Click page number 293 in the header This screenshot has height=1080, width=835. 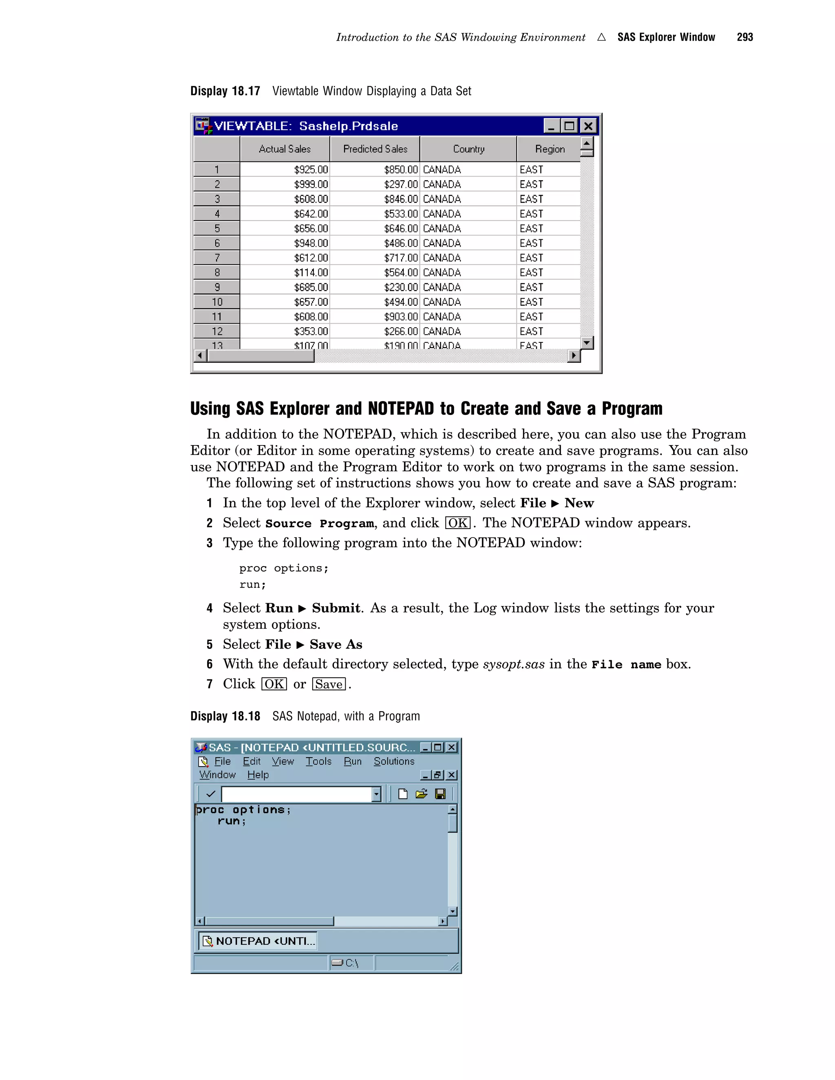click(x=744, y=37)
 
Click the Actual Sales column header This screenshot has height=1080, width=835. click(x=285, y=149)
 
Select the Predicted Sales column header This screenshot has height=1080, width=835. click(x=375, y=149)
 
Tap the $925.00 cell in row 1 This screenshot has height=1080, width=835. click(x=311, y=170)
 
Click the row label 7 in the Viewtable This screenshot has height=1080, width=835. click(x=216, y=258)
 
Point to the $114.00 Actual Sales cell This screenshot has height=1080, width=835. click(x=311, y=273)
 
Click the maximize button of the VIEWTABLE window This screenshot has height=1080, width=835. click(x=569, y=126)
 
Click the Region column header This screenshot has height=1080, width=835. click(x=549, y=149)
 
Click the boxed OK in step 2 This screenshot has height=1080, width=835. click(x=457, y=523)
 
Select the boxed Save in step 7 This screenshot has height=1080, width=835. click(x=329, y=684)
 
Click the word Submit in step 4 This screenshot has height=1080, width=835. click(x=336, y=608)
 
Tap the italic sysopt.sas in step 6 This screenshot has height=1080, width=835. click(x=513, y=664)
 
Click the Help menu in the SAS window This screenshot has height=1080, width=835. click(x=258, y=775)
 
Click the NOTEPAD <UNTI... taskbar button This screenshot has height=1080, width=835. click(x=258, y=941)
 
